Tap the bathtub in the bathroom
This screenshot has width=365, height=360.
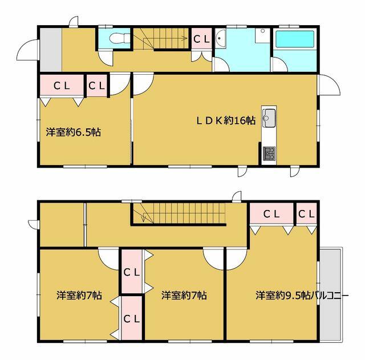click(x=295, y=40)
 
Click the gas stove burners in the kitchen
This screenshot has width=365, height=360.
click(x=269, y=153)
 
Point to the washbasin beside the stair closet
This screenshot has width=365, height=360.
click(x=220, y=39)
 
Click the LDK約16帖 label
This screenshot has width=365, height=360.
click(x=226, y=120)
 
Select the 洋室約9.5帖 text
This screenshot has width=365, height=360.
click(x=283, y=295)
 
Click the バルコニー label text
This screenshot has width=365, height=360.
click(x=329, y=296)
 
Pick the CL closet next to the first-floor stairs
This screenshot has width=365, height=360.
click(x=201, y=39)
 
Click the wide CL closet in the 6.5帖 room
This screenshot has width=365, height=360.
click(x=62, y=85)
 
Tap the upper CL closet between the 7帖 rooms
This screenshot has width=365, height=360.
click(x=132, y=272)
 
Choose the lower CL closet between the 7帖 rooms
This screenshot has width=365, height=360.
click(x=132, y=318)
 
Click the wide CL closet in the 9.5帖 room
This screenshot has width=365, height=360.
click(x=271, y=213)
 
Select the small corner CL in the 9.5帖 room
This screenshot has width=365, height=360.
click(x=306, y=213)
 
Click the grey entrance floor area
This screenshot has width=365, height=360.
click(x=51, y=50)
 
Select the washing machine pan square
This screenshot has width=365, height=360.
click(x=262, y=35)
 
